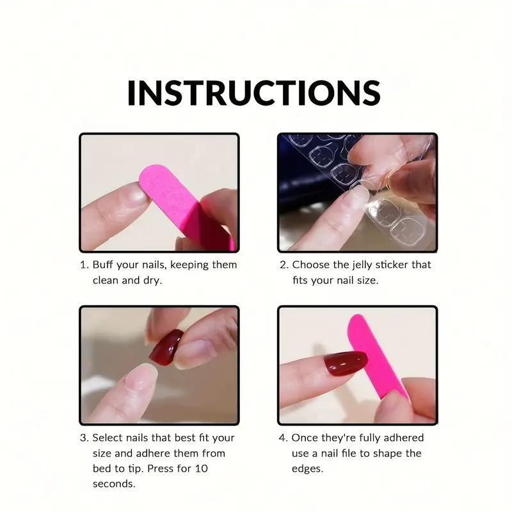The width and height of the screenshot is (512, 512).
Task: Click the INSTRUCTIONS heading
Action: (253, 93)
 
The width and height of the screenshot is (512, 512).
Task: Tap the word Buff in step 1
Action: (102, 264)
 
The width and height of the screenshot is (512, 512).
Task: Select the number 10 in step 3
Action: (202, 468)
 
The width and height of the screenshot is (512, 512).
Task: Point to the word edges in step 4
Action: (307, 469)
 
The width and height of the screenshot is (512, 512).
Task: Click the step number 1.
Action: (84, 265)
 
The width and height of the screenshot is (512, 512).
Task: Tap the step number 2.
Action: (284, 265)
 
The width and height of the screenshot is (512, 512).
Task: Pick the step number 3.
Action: (84, 438)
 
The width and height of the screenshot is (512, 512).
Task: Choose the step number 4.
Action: (283, 438)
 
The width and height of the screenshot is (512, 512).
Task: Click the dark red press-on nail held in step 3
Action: (166, 346)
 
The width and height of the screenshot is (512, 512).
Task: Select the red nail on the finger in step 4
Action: (346, 364)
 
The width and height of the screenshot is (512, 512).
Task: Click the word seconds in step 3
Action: (114, 484)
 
